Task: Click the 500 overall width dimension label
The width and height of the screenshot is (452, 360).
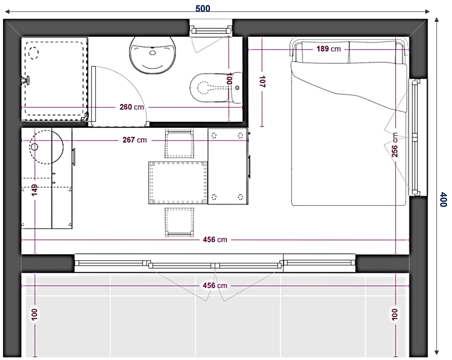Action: point(203,9)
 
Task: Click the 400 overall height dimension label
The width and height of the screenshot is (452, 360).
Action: point(443,199)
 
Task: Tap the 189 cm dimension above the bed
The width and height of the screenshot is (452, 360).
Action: point(328,49)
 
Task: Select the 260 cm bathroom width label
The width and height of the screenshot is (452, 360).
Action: point(132,107)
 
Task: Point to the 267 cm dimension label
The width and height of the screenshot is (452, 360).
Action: point(134,140)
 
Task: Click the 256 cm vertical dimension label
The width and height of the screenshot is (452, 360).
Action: point(395,145)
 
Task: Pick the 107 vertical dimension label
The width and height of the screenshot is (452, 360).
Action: point(262,81)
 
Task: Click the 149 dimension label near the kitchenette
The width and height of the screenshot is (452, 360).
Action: point(34,190)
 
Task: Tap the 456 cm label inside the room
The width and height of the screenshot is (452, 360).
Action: point(215,239)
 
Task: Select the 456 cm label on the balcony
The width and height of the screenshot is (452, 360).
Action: point(215,286)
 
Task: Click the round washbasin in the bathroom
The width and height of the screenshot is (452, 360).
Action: point(153,55)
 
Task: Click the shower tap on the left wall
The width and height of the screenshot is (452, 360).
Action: point(26,80)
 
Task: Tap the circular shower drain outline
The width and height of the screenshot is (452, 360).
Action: point(34,52)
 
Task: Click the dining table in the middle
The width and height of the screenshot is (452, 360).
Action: point(178,182)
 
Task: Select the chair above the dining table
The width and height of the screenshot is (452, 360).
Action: point(179,143)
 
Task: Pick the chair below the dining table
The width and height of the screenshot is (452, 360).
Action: point(179,222)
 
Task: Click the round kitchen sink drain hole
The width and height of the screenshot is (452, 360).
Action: point(35,147)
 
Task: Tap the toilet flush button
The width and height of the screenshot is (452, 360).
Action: point(237,88)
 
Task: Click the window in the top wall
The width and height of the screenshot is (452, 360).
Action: point(211,28)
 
